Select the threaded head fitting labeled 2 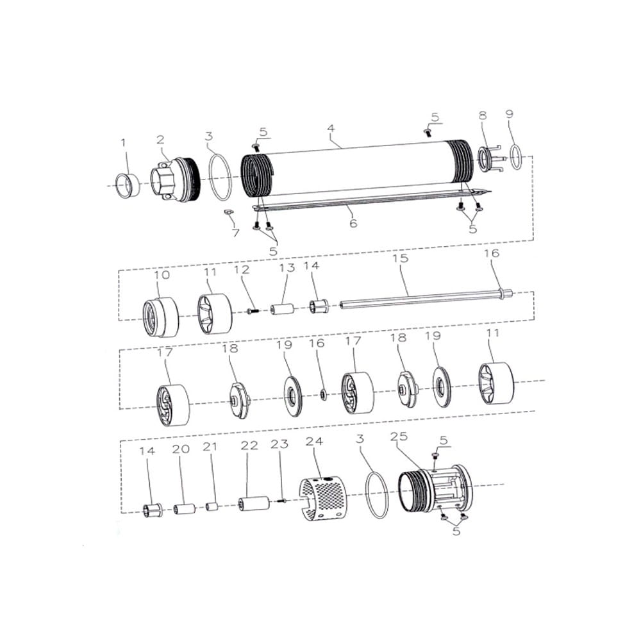[x=175, y=180]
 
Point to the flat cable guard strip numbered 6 [x=372, y=201]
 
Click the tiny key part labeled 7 [x=228, y=212]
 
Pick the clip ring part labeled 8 [x=490, y=159]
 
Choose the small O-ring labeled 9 [x=517, y=156]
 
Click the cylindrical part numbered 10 [x=161, y=317]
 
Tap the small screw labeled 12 [x=253, y=311]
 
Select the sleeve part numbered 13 [x=282, y=308]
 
